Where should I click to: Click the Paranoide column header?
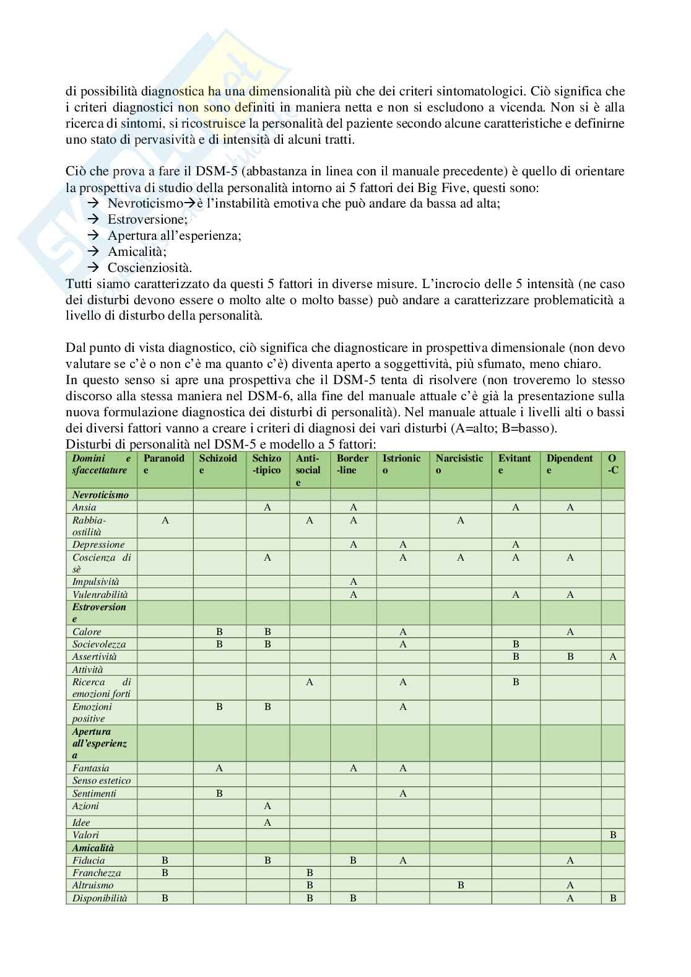[x=164, y=464]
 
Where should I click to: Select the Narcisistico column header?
[x=460, y=464]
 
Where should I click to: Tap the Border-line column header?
[x=352, y=464]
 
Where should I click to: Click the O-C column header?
[x=612, y=464]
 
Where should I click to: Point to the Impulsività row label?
[x=96, y=582]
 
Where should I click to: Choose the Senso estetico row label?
[x=102, y=781]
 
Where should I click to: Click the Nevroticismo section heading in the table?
[x=100, y=494]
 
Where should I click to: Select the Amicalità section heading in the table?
[x=93, y=848]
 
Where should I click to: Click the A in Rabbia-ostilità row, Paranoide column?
[x=165, y=520]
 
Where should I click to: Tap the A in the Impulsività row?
[x=353, y=582]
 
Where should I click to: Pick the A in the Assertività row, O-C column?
[x=613, y=657]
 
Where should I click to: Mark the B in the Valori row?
[x=613, y=835]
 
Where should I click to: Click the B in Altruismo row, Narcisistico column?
[x=461, y=885]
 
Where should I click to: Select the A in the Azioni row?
[x=267, y=806]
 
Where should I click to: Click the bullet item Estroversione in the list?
[x=147, y=219]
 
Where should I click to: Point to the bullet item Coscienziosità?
[x=150, y=268]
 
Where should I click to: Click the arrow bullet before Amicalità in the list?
[x=94, y=252]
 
